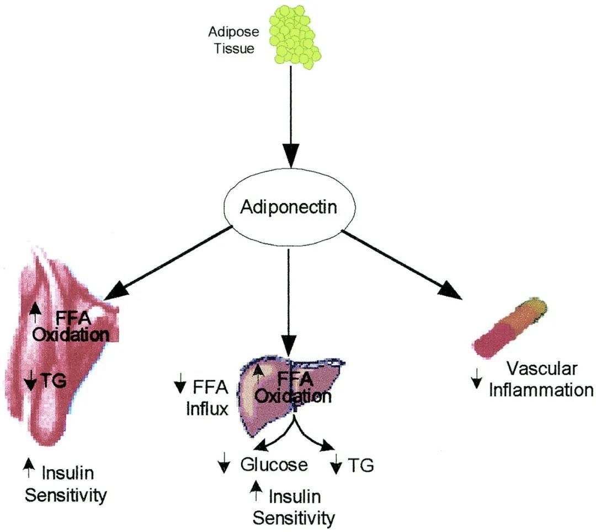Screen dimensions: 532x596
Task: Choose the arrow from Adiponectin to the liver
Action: (289, 298)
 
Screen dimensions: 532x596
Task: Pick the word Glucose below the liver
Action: (274, 465)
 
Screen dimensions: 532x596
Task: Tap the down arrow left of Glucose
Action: (223, 465)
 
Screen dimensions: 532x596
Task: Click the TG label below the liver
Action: (361, 466)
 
